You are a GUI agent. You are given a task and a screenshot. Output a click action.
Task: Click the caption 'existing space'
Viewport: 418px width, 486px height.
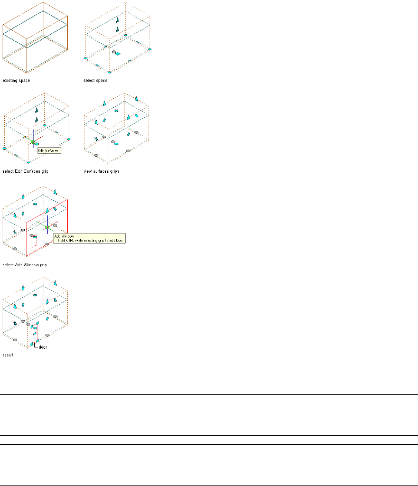(x=16, y=80)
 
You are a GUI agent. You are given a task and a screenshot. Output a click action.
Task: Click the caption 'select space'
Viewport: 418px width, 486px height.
(x=95, y=80)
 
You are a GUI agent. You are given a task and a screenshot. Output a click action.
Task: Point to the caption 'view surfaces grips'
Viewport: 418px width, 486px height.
(x=101, y=171)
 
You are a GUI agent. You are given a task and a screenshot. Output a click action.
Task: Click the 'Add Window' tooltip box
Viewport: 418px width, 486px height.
(x=87, y=238)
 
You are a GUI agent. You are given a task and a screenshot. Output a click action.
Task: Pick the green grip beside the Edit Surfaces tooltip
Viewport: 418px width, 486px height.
(x=33, y=142)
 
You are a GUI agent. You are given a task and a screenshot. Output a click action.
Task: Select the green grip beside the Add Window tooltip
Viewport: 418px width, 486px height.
(x=47, y=227)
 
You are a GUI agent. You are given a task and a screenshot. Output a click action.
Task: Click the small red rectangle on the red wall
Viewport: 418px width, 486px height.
(x=34, y=244)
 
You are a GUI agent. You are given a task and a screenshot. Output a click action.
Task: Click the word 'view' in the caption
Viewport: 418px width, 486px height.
(x=88, y=171)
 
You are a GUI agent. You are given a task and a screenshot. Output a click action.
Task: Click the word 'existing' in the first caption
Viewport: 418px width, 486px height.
(x=10, y=80)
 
